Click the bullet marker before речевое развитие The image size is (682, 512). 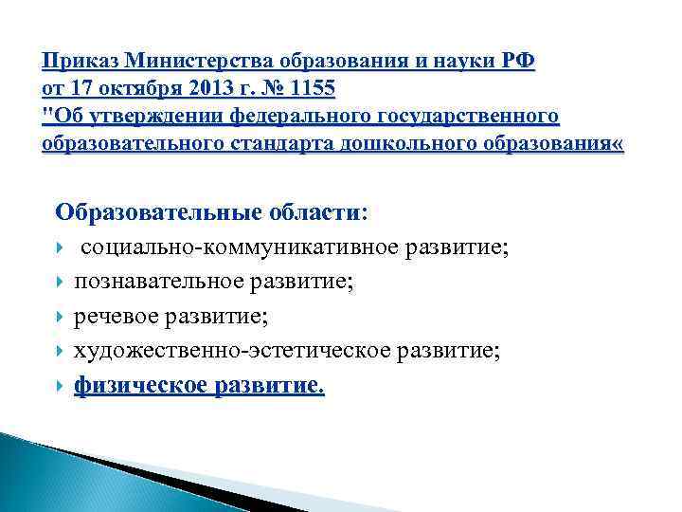coord(61,317)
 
